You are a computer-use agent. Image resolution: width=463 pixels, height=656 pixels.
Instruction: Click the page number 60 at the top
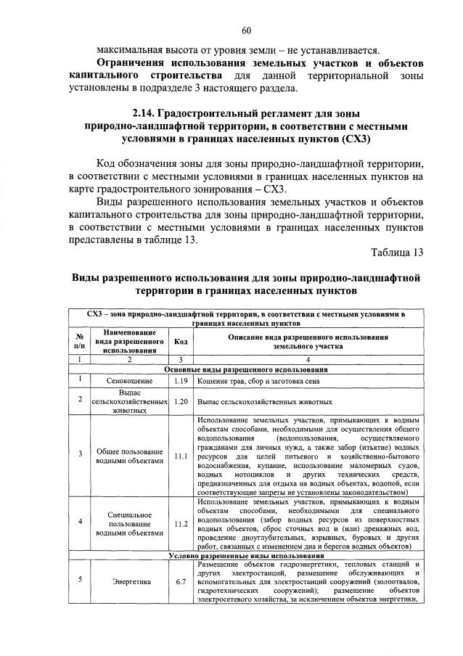(246, 30)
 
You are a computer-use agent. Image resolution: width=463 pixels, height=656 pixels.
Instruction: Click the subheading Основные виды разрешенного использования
(245, 369)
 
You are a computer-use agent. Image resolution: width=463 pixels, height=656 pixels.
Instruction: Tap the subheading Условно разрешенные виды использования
(245, 556)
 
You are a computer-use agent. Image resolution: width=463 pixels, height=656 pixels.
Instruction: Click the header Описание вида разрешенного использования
(308, 337)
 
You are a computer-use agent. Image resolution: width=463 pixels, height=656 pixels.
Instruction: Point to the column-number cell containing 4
(308, 360)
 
